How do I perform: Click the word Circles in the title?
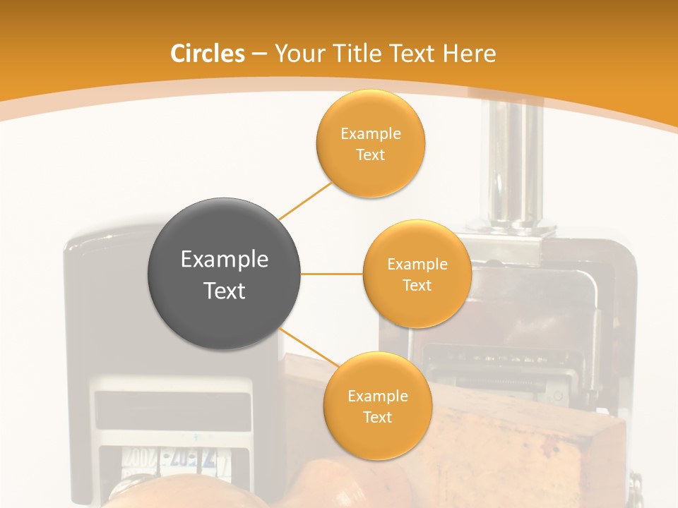click(208, 54)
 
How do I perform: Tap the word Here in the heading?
click(469, 54)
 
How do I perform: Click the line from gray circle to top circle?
click(306, 200)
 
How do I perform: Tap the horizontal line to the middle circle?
click(332, 274)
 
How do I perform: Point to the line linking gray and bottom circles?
click(309, 348)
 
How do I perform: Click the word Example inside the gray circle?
click(224, 260)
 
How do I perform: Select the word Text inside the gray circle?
click(224, 291)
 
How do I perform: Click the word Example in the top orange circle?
click(371, 134)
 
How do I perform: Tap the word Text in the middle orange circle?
click(417, 286)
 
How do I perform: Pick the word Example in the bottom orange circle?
click(377, 397)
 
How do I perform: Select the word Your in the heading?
click(297, 54)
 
